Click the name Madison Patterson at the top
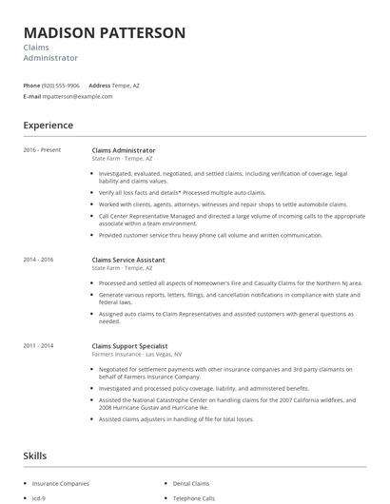click(105, 32)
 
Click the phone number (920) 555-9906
click(62, 86)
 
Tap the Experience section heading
click(49, 125)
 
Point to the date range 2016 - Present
click(41, 150)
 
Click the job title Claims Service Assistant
click(129, 260)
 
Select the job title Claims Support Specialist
click(130, 345)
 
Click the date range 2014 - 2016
click(38, 260)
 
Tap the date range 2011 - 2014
click(38, 345)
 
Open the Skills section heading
click(34, 456)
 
